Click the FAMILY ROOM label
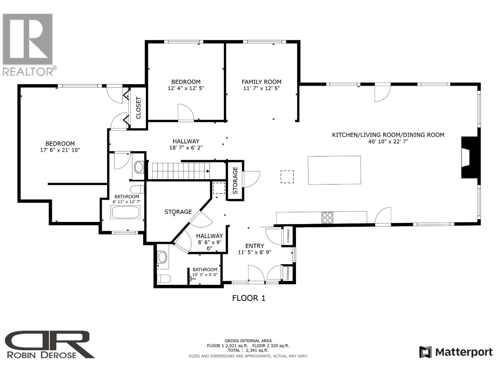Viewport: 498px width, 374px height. [x=261, y=82]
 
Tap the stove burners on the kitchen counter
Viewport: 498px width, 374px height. [x=327, y=217]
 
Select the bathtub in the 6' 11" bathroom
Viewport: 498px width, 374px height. [x=126, y=213]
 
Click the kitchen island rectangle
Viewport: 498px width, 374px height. [x=334, y=170]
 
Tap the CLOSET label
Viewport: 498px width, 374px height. [x=139, y=108]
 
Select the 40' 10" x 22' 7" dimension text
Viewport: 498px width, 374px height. [x=388, y=141]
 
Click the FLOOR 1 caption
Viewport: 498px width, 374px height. [x=249, y=298]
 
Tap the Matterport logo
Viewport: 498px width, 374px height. [x=456, y=352]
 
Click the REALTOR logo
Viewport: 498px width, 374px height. [x=28, y=44]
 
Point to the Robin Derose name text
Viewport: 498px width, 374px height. [x=41, y=355]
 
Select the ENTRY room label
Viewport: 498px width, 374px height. [x=255, y=246]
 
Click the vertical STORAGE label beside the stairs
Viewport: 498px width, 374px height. [x=235, y=180]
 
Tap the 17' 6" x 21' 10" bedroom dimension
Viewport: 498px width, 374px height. [x=60, y=150]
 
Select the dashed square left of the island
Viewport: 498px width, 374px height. [x=287, y=177]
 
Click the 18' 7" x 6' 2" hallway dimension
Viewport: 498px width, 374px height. [x=186, y=148]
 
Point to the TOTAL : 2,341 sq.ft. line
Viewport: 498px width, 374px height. [x=248, y=350]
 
